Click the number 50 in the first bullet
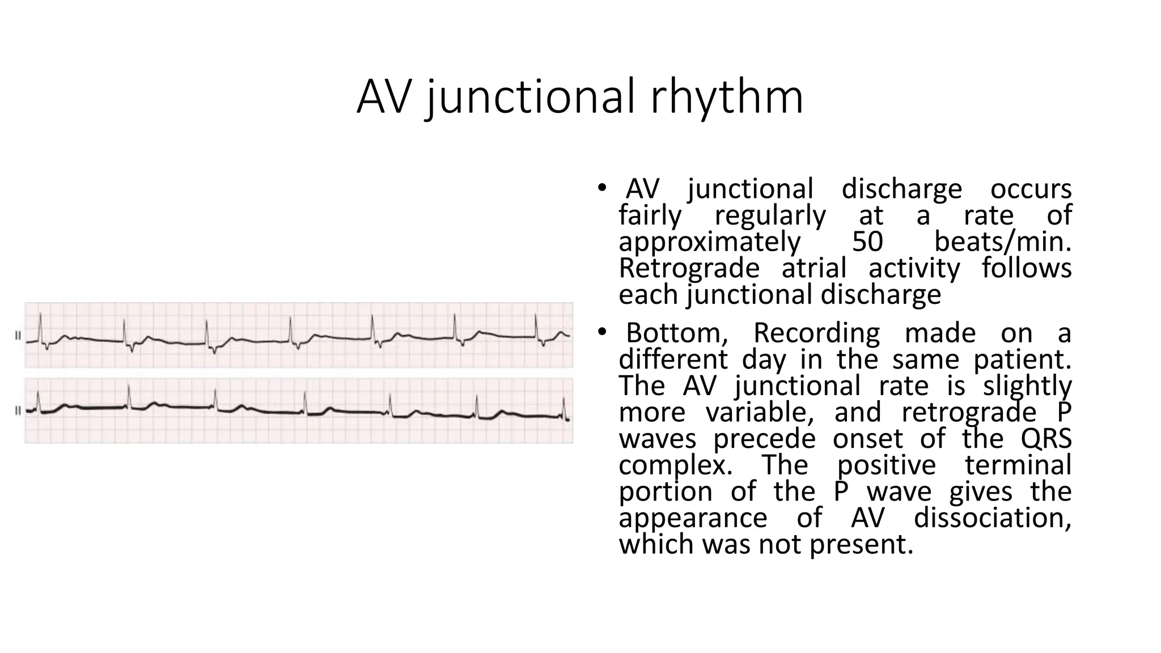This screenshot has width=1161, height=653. tap(867, 241)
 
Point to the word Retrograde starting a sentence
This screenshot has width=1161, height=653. tap(689, 268)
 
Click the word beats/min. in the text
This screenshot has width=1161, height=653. tap(1002, 241)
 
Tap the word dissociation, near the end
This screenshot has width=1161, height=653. tap(992, 518)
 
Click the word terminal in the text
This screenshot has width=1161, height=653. tap(1018, 465)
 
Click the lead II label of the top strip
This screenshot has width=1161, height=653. tap(18, 336)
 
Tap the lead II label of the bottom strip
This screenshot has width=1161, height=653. tap(18, 410)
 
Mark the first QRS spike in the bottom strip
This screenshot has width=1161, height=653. tap(38, 400)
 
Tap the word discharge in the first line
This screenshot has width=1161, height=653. tap(901, 189)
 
